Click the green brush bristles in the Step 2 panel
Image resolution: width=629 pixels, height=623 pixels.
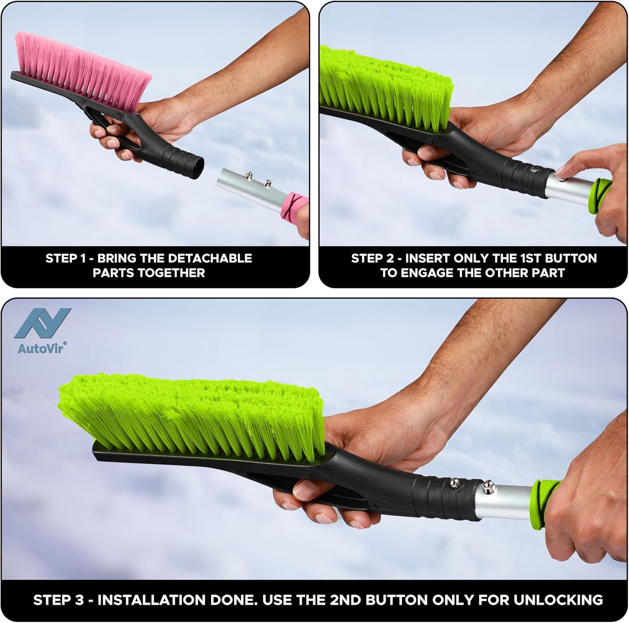[386, 88]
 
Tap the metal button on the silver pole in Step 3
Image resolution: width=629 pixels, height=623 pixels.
[489, 486]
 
